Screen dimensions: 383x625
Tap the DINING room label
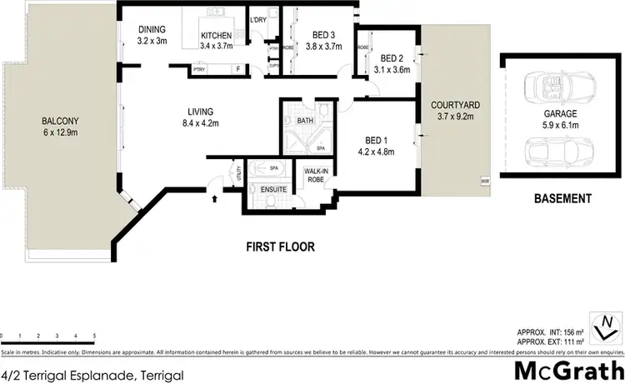(153, 28)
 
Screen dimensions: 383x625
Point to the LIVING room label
(201, 111)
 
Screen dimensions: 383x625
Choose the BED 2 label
(392, 58)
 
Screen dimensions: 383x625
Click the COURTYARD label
(453, 107)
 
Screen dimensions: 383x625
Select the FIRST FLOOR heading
(282, 246)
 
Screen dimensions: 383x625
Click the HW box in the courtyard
(484, 181)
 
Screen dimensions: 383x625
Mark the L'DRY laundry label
(258, 18)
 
